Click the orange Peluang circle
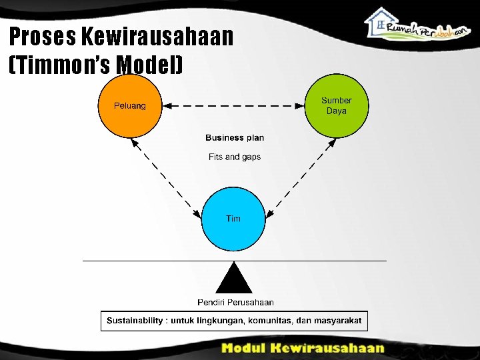[x=130, y=106]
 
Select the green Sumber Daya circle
[x=336, y=106]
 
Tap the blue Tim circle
[x=233, y=219]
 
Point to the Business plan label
[x=235, y=138]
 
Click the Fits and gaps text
[x=235, y=157]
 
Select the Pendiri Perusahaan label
[x=235, y=303]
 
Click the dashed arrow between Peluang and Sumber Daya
[x=233, y=105]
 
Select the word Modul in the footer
[x=246, y=348]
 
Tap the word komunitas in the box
[x=270, y=321]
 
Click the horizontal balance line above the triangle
[x=167, y=260]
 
